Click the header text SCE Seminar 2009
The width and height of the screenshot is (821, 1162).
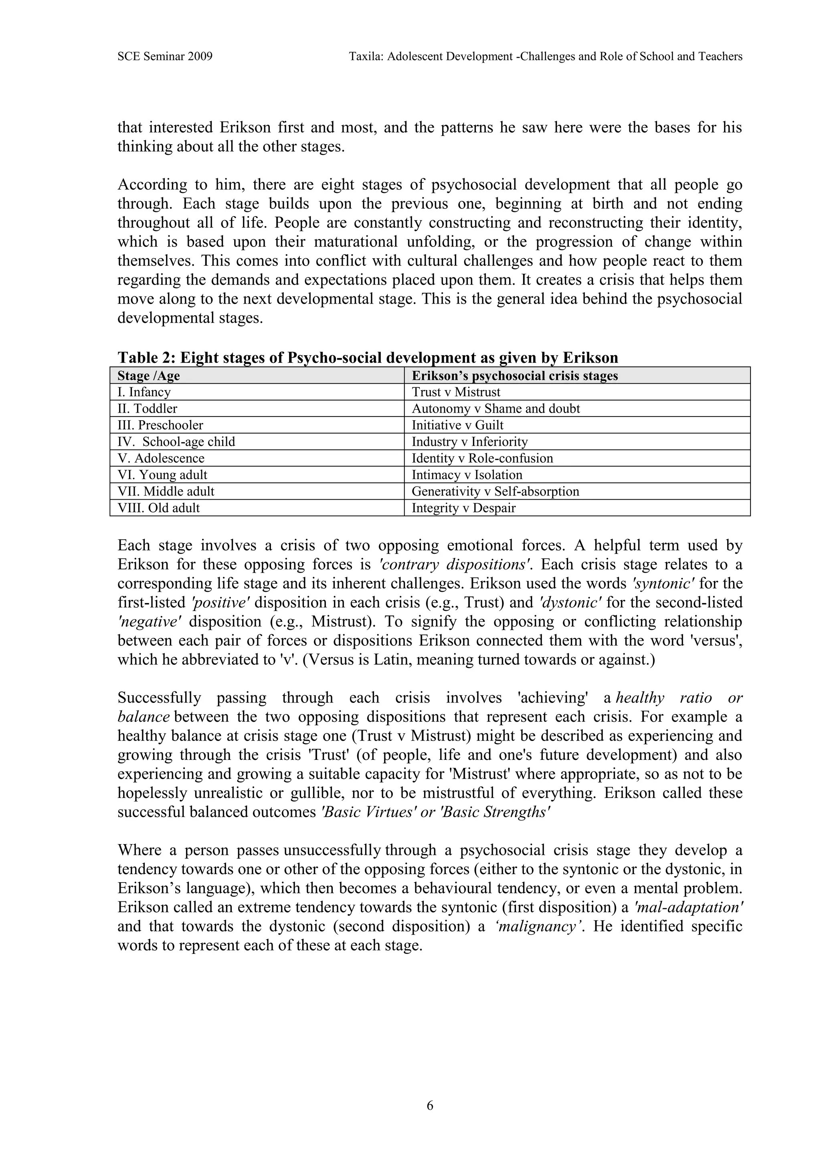click(164, 57)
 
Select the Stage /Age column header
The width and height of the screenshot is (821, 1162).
click(149, 376)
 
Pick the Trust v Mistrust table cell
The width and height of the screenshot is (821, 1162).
click(456, 392)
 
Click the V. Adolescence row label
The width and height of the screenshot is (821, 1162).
click(161, 459)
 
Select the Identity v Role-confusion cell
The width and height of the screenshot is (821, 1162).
click(482, 459)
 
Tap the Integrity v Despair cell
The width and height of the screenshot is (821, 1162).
click(463, 508)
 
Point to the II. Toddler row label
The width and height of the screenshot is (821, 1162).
click(147, 409)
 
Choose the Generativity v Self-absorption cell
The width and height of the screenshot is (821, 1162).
click(495, 492)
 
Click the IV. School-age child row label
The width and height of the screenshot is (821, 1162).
click(176, 442)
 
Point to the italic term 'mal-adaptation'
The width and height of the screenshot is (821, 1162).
click(688, 907)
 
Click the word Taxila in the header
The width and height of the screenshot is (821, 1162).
click(365, 57)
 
